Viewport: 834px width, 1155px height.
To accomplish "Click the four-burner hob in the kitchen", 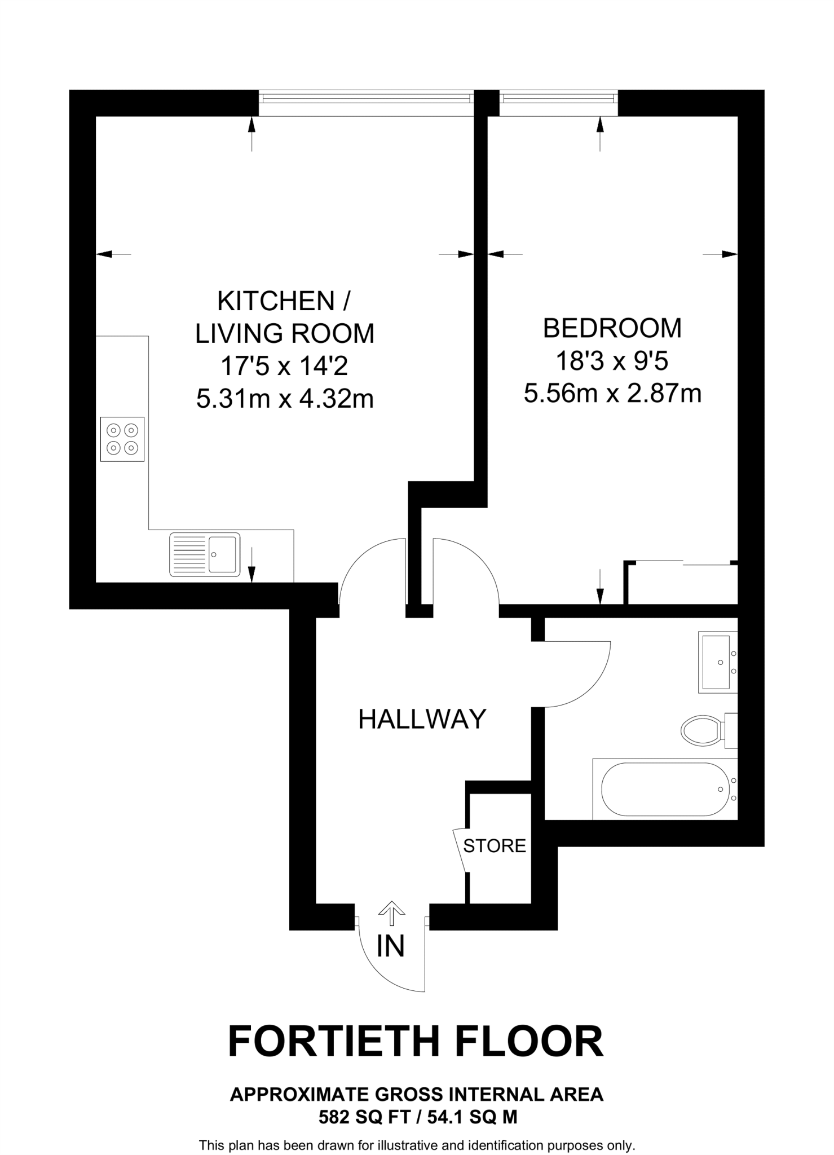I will pyautogui.click(x=122, y=439).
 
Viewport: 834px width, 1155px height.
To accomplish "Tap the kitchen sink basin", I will pyautogui.click(x=222, y=554).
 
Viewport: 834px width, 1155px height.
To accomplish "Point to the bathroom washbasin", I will pyautogui.click(x=716, y=662).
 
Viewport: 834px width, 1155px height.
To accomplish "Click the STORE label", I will pyautogui.click(x=495, y=846).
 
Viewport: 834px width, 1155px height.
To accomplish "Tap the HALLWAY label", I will pyautogui.click(x=422, y=720).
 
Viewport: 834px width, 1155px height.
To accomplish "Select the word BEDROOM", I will pyautogui.click(x=612, y=328).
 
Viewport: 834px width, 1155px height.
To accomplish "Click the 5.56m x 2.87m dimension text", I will pyautogui.click(x=612, y=394).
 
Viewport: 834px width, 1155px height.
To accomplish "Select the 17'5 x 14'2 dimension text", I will pyautogui.click(x=284, y=367).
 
